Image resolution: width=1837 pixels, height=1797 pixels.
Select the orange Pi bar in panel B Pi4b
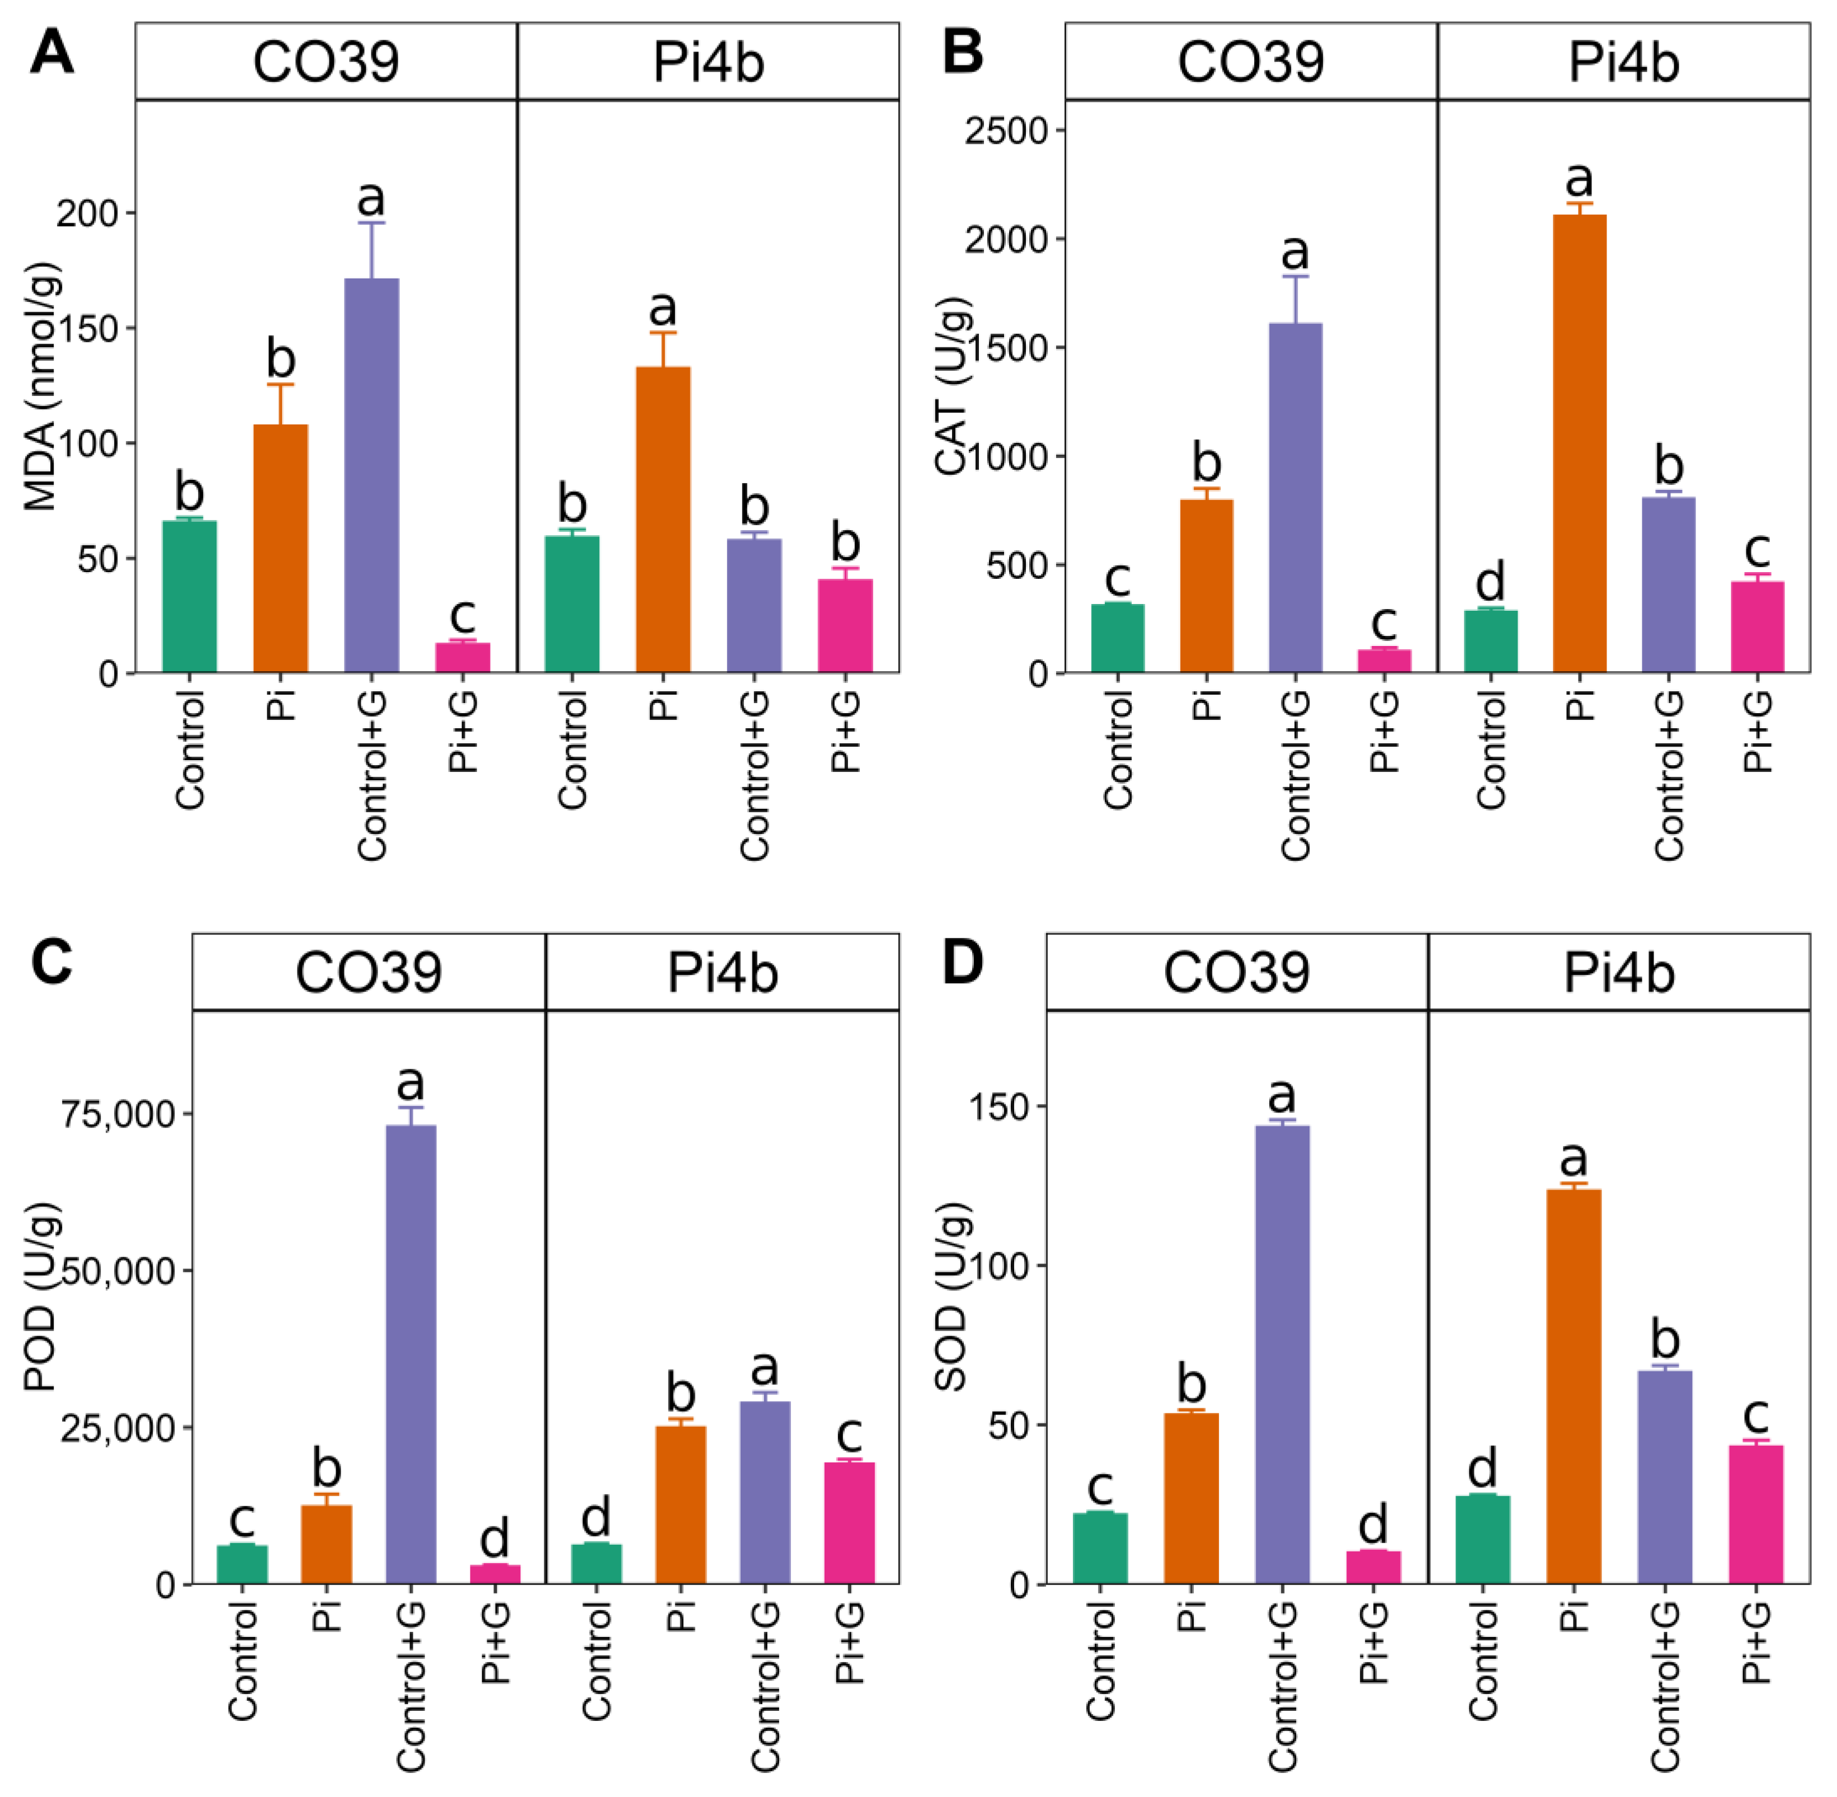pos(1579,444)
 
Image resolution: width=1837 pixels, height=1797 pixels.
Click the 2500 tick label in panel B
pos(1006,130)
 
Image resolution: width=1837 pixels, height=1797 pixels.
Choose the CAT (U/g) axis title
pos(953,387)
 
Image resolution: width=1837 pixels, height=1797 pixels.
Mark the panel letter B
pos(963,53)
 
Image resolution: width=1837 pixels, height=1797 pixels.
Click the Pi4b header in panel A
pos(708,62)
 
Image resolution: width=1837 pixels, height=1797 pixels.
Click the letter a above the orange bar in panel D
pos(1572,1159)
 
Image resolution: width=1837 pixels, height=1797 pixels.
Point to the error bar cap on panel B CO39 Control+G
pos(1295,276)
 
